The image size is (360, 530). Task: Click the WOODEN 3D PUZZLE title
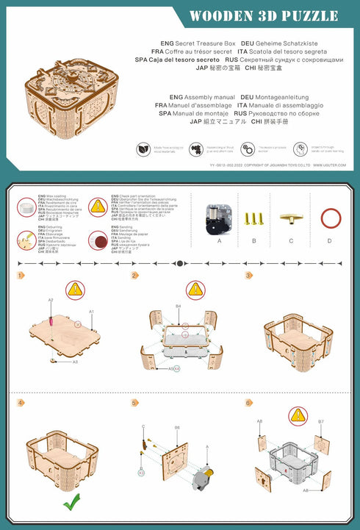(x=264, y=16)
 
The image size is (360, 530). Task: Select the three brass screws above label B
(x=254, y=218)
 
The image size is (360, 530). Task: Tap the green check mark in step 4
(x=71, y=503)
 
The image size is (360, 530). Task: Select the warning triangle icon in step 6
(x=298, y=416)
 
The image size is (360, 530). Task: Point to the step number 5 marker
(x=134, y=403)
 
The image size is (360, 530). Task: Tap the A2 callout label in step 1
(x=51, y=300)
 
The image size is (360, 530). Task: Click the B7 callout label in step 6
(x=320, y=422)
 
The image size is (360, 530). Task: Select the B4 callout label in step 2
(x=178, y=305)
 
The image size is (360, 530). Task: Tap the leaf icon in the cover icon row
(x=143, y=149)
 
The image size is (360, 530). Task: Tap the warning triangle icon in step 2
(x=195, y=290)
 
